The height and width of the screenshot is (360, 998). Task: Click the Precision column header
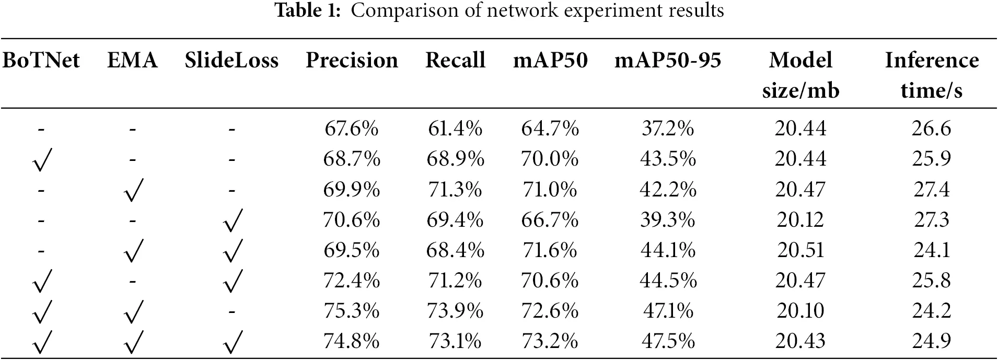[352, 61]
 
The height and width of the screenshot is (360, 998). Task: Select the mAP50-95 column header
[667, 61]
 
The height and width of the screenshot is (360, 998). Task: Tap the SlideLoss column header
[231, 61]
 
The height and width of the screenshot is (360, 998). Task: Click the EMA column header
[132, 61]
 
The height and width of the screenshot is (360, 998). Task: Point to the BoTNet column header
[41, 61]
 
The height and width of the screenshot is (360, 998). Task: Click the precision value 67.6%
[351, 128]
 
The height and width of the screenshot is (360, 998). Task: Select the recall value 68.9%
[455, 159]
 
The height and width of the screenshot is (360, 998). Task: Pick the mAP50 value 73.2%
[550, 341]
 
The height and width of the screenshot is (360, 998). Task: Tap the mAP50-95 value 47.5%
[668, 341]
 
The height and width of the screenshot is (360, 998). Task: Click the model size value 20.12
[800, 219]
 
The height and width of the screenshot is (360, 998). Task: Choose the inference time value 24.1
[932, 250]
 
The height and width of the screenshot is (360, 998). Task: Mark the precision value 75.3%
[351, 311]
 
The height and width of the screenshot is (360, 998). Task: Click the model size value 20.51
[800, 250]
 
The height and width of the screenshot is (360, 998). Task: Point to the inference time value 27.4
[932, 189]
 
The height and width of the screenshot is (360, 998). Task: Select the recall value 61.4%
[455, 128]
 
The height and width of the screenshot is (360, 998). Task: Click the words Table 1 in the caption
[307, 10]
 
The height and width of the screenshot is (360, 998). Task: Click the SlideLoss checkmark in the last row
[233, 342]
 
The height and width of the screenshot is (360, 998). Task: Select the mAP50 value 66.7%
[550, 219]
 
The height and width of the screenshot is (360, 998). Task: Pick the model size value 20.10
[800, 311]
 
